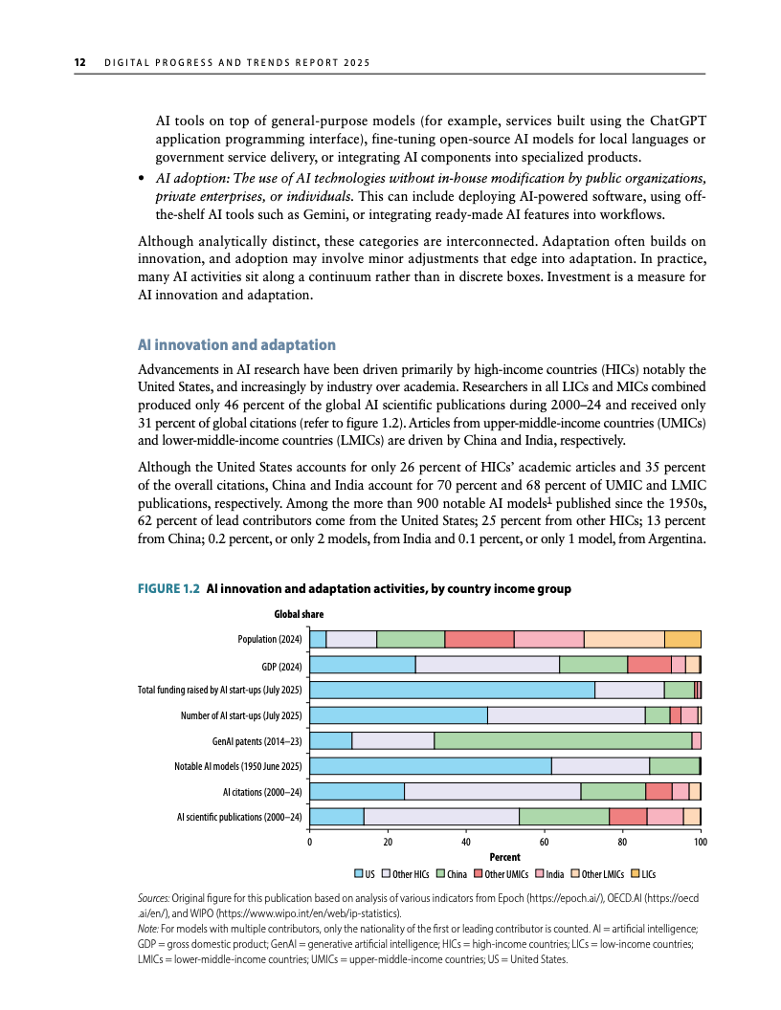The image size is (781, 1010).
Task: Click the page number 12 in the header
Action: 81,64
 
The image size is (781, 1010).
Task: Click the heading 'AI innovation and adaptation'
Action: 237,344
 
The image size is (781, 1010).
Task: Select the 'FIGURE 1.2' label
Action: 168,589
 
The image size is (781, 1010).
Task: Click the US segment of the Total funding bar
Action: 453,690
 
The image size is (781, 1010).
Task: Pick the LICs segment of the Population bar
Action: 682,639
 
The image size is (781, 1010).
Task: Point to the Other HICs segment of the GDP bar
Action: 487,665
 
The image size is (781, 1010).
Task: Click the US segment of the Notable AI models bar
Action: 432,765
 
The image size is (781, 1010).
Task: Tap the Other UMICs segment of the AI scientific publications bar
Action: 628,816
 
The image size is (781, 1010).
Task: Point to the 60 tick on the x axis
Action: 545,842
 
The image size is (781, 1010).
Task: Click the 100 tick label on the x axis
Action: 700,842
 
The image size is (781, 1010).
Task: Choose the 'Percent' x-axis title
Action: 505,858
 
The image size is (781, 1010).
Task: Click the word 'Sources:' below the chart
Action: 154,900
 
